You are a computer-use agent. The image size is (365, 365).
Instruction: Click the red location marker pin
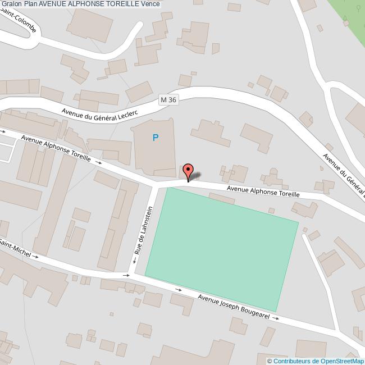188,171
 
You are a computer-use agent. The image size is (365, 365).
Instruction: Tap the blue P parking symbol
156,138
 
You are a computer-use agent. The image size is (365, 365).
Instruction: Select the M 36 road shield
168,99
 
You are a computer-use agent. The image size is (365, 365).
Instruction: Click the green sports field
222,247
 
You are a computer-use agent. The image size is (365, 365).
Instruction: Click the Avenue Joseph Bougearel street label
234,307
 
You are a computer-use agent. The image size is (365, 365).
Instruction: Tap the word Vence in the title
150,4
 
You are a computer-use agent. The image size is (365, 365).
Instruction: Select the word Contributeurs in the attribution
293,361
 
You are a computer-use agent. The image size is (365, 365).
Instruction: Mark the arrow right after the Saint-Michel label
36,257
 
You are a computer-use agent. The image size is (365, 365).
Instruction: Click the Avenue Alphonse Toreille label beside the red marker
263,191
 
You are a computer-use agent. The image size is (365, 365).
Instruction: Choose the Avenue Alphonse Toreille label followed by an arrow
56,148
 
